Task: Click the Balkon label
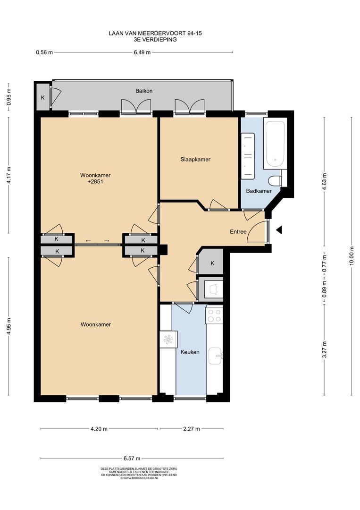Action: [x=144, y=91]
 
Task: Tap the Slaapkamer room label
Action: [x=195, y=160]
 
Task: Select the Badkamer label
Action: [x=259, y=191]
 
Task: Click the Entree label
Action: [x=238, y=232]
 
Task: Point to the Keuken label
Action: [x=190, y=352]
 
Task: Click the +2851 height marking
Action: [x=95, y=182]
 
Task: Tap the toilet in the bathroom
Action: [x=275, y=180]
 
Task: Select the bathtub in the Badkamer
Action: [x=275, y=144]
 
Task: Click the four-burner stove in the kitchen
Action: [x=214, y=315]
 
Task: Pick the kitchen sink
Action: [x=215, y=356]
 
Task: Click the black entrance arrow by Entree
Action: [x=278, y=230]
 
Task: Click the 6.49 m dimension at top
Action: [x=142, y=52]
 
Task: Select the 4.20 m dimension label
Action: [x=99, y=429]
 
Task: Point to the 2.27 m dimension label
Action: [x=192, y=429]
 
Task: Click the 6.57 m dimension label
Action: [x=132, y=459]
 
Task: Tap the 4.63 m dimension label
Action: [x=324, y=180]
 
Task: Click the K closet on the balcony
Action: [x=43, y=97]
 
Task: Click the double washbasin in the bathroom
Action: [x=248, y=156]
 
